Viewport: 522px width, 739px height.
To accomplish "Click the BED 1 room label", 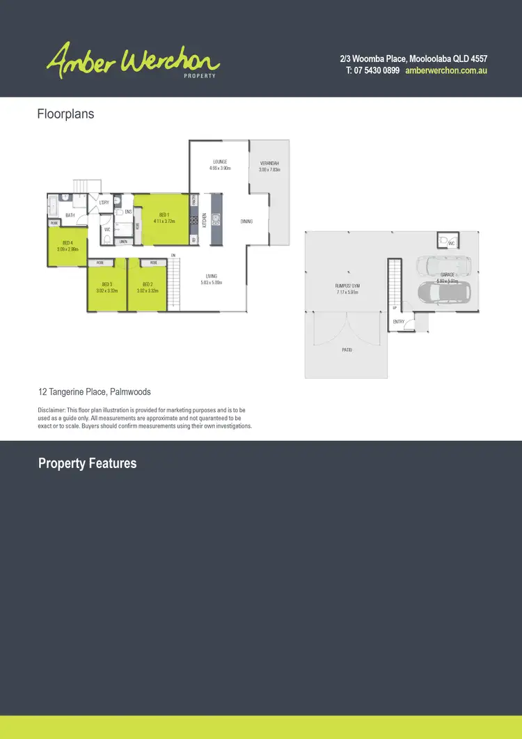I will point(164,215).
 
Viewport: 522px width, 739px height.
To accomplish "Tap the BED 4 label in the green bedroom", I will point(67,242).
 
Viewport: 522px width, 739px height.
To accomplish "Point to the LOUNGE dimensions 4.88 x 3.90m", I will point(220,169).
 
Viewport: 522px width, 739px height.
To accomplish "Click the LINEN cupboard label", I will point(122,242).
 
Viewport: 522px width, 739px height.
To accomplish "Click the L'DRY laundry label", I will point(104,202).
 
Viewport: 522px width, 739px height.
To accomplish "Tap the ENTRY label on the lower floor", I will point(398,322).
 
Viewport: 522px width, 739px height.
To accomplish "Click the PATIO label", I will point(347,350).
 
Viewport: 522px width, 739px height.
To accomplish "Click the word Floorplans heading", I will point(65,114).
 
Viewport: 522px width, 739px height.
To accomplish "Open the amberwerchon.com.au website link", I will point(445,71).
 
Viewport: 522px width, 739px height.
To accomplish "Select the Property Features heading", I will point(87,464).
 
